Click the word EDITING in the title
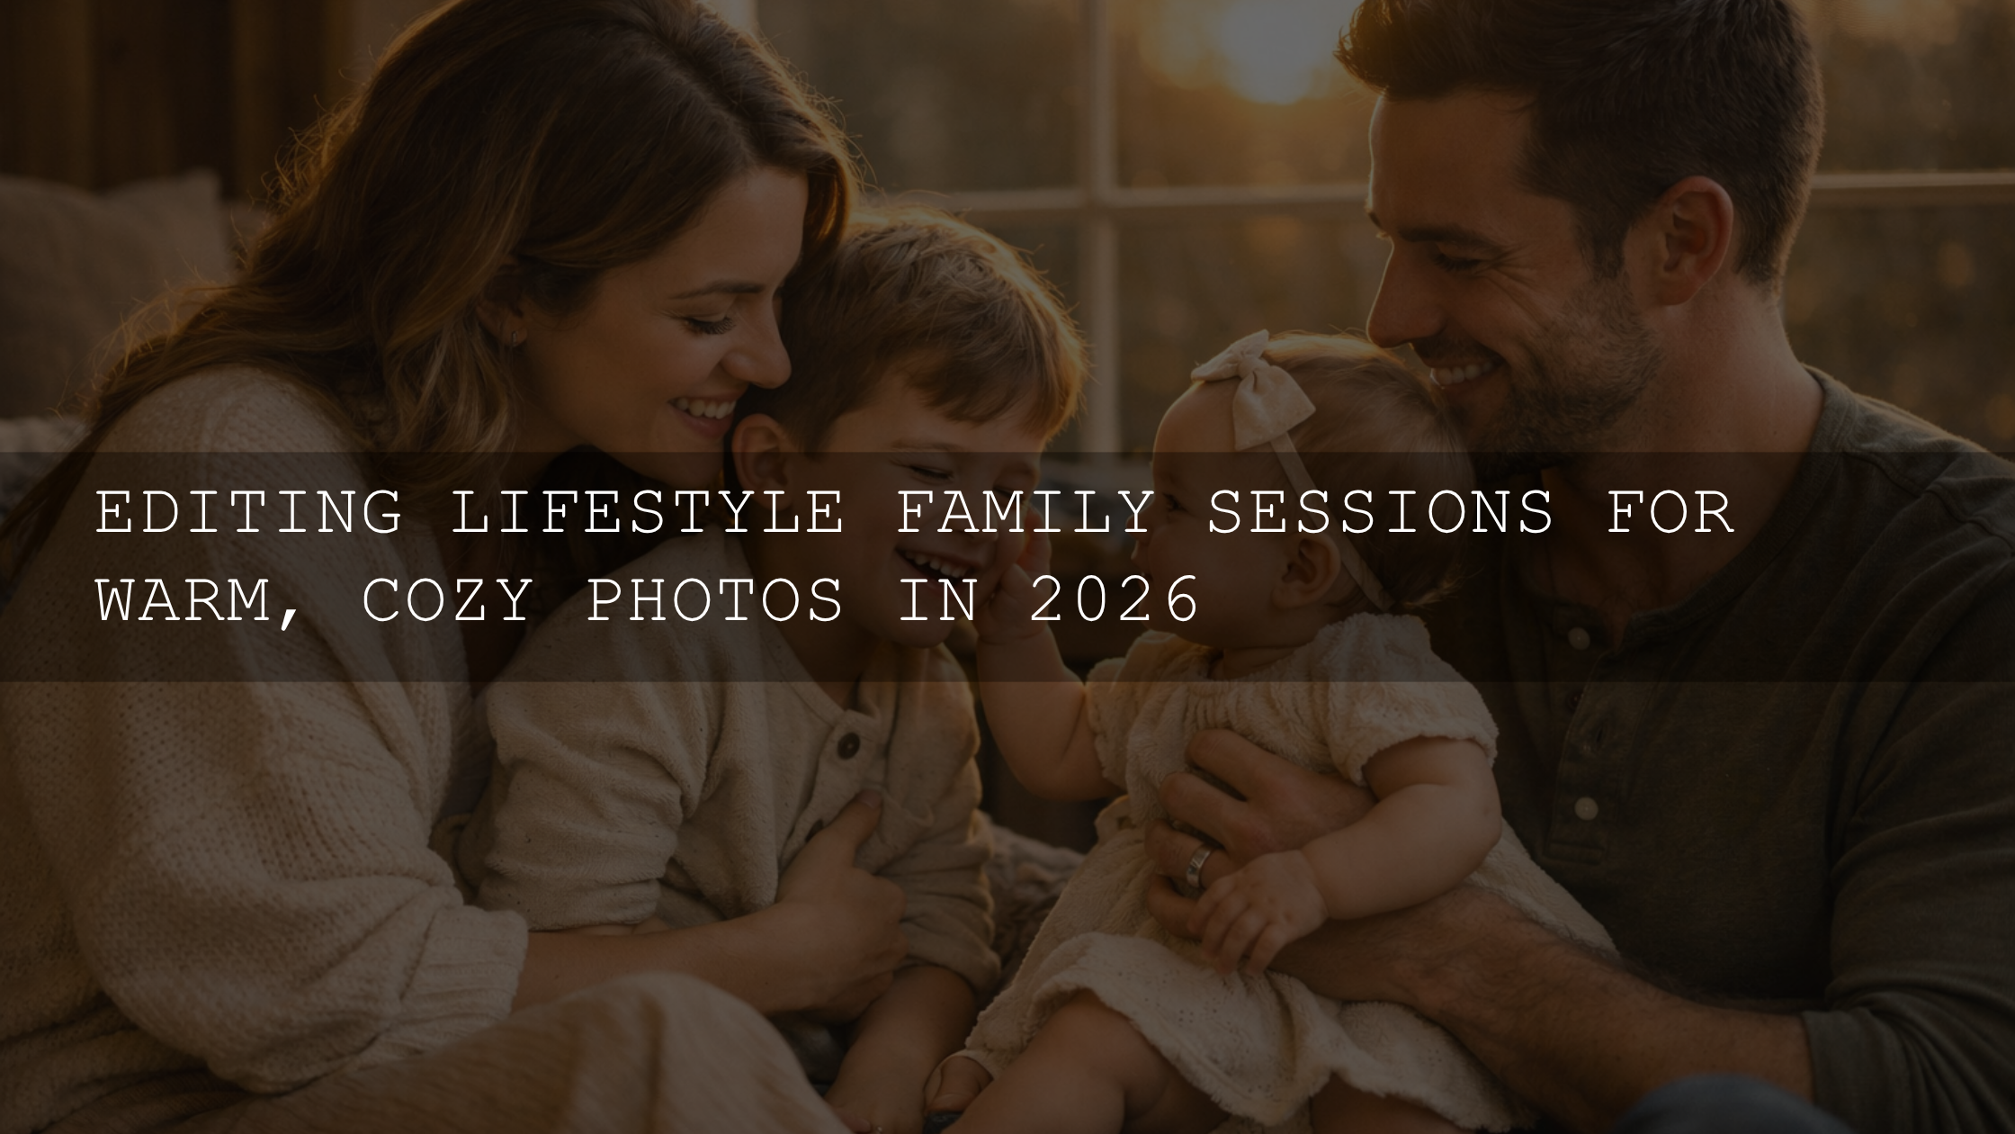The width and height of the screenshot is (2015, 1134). tap(248, 513)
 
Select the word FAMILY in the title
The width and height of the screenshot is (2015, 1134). tap(1024, 513)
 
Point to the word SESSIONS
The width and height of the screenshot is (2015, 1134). tap(1379, 513)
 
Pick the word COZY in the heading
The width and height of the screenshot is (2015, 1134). tap(446, 600)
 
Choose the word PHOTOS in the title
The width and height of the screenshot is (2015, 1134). tap(714, 600)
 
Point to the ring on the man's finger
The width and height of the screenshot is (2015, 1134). tap(1198, 865)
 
